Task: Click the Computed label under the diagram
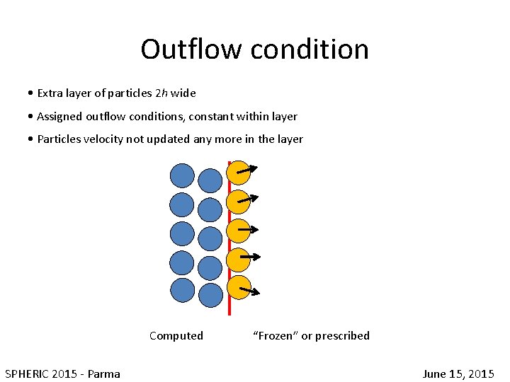(176, 336)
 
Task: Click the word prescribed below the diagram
(343, 336)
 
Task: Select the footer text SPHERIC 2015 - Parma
(62, 374)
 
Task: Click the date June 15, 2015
(458, 374)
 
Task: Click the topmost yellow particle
(239, 173)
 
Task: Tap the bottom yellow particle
(239, 289)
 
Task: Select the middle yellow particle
(239, 231)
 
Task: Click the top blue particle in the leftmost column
(183, 175)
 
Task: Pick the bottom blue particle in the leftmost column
(183, 290)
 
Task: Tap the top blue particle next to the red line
(210, 181)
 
